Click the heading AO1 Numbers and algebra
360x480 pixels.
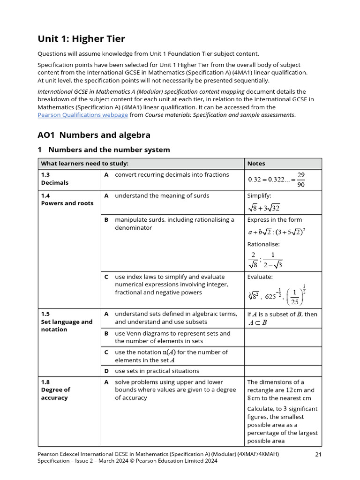94,135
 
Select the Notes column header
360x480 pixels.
256,164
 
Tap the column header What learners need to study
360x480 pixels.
85,164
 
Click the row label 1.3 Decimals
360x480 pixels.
55,179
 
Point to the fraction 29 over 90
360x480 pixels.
300,179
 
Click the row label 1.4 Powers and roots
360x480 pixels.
67,199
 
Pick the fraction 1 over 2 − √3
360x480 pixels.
273,260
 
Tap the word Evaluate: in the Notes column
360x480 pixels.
260,277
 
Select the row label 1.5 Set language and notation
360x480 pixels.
67,322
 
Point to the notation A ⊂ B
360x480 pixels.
257,322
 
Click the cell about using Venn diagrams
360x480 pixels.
172,337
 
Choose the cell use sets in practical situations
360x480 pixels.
157,371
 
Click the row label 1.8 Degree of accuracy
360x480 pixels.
55,390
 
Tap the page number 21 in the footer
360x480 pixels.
318,454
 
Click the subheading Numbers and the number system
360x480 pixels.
109,150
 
